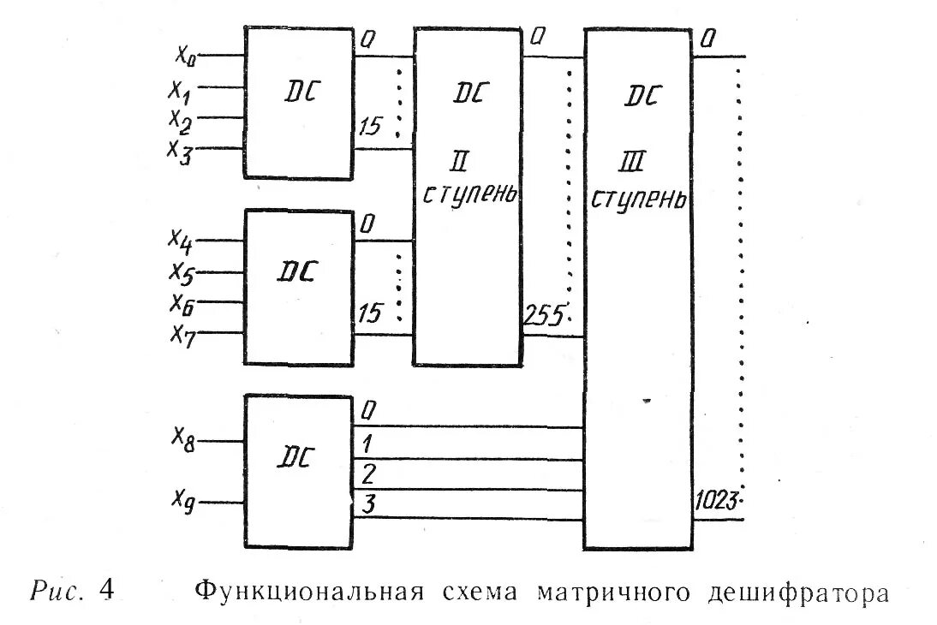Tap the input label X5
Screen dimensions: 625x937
[x=182, y=273]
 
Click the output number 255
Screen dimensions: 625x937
[x=543, y=317]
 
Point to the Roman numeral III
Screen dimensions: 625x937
[x=636, y=162]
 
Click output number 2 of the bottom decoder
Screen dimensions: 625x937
[x=368, y=473]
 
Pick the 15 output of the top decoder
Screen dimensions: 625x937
[x=370, y=129]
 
